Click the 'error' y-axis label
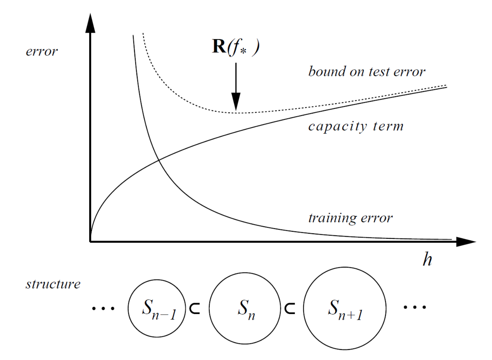(42, 52)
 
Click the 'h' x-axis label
(427, 259)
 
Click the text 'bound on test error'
(367, 72)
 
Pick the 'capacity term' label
(356, 126)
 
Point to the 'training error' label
(350, 218)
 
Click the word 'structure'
(53, 284)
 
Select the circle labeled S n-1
(157, 308)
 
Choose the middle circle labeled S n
(245, 308)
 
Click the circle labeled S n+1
(345, 308)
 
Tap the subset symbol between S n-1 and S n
(195, 308)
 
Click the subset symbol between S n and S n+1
(290, 308)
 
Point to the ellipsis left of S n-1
(103, 308)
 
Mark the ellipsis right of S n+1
(415, 307)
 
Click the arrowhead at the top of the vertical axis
(90, 24)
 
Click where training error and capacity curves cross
(158, 160)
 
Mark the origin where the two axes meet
(90, 241)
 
